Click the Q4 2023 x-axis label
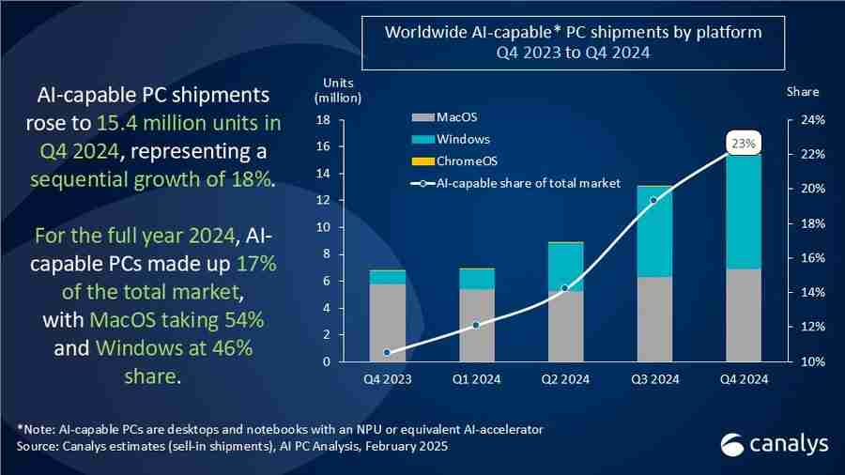point(387,379)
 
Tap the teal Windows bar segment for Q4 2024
point(744,211)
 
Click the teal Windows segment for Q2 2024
point(565,268)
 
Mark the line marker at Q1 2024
point(476,325)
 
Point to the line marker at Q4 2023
point(387,353)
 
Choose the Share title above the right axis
point(803,92)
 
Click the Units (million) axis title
point(337,90)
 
